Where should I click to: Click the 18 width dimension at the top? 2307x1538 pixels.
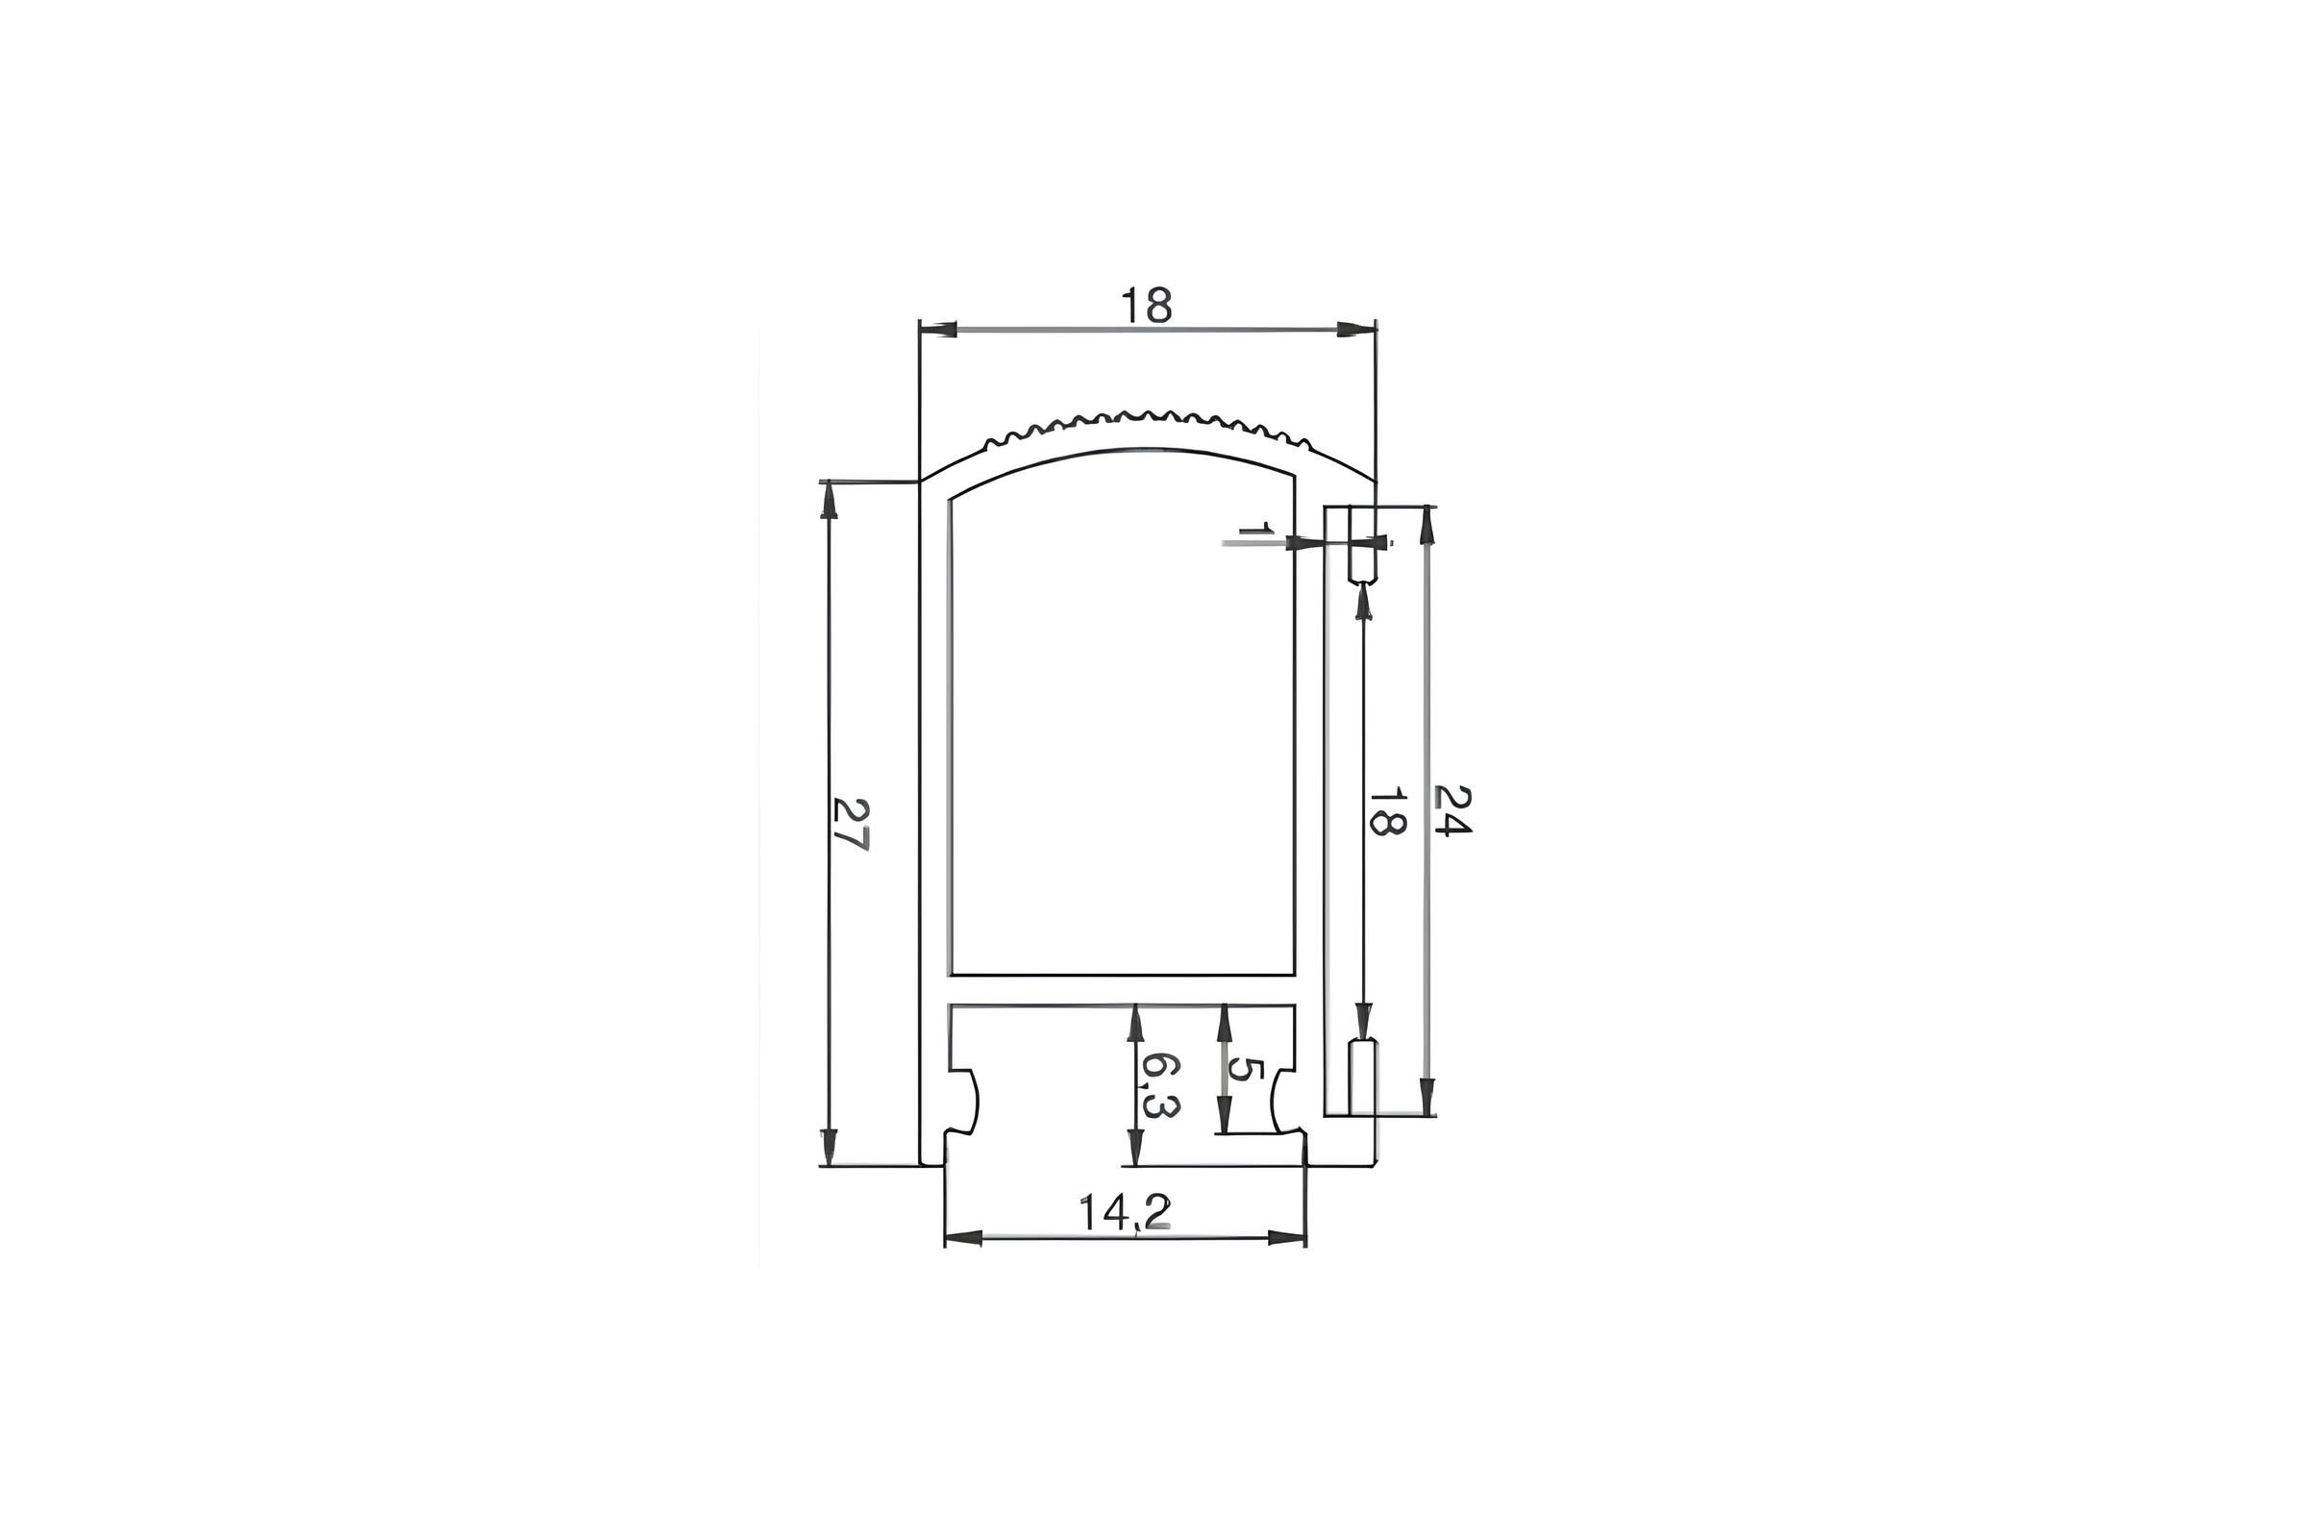[1147, 307]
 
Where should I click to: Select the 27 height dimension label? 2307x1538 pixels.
[851, 823]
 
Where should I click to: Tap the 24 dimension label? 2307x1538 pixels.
[1452, 808]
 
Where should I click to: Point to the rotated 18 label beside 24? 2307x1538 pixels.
[1387, 808]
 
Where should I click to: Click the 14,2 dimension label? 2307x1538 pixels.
[1125, 1212]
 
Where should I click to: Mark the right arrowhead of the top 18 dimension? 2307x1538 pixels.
[1357, 330]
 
